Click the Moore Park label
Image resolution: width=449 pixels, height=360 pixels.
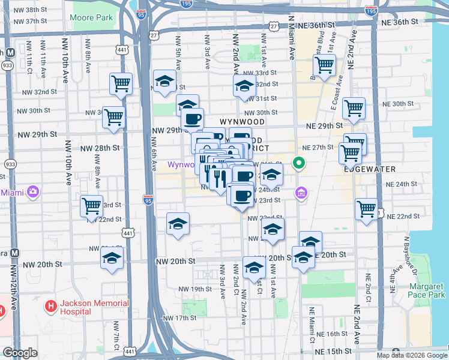point(91,18)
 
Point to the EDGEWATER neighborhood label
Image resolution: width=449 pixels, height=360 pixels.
point(370,169)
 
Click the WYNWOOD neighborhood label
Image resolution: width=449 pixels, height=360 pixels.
point(243,121)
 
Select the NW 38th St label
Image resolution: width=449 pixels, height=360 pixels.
point(28,10)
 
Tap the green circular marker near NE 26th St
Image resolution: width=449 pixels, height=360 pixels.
point(298,163)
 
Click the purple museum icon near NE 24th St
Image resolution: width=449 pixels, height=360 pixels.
point(301,193)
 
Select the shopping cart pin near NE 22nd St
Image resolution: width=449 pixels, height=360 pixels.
point(366,209)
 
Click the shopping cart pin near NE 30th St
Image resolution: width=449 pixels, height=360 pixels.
point(354,108)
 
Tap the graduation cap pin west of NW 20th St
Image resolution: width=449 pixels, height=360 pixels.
point(112,259)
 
